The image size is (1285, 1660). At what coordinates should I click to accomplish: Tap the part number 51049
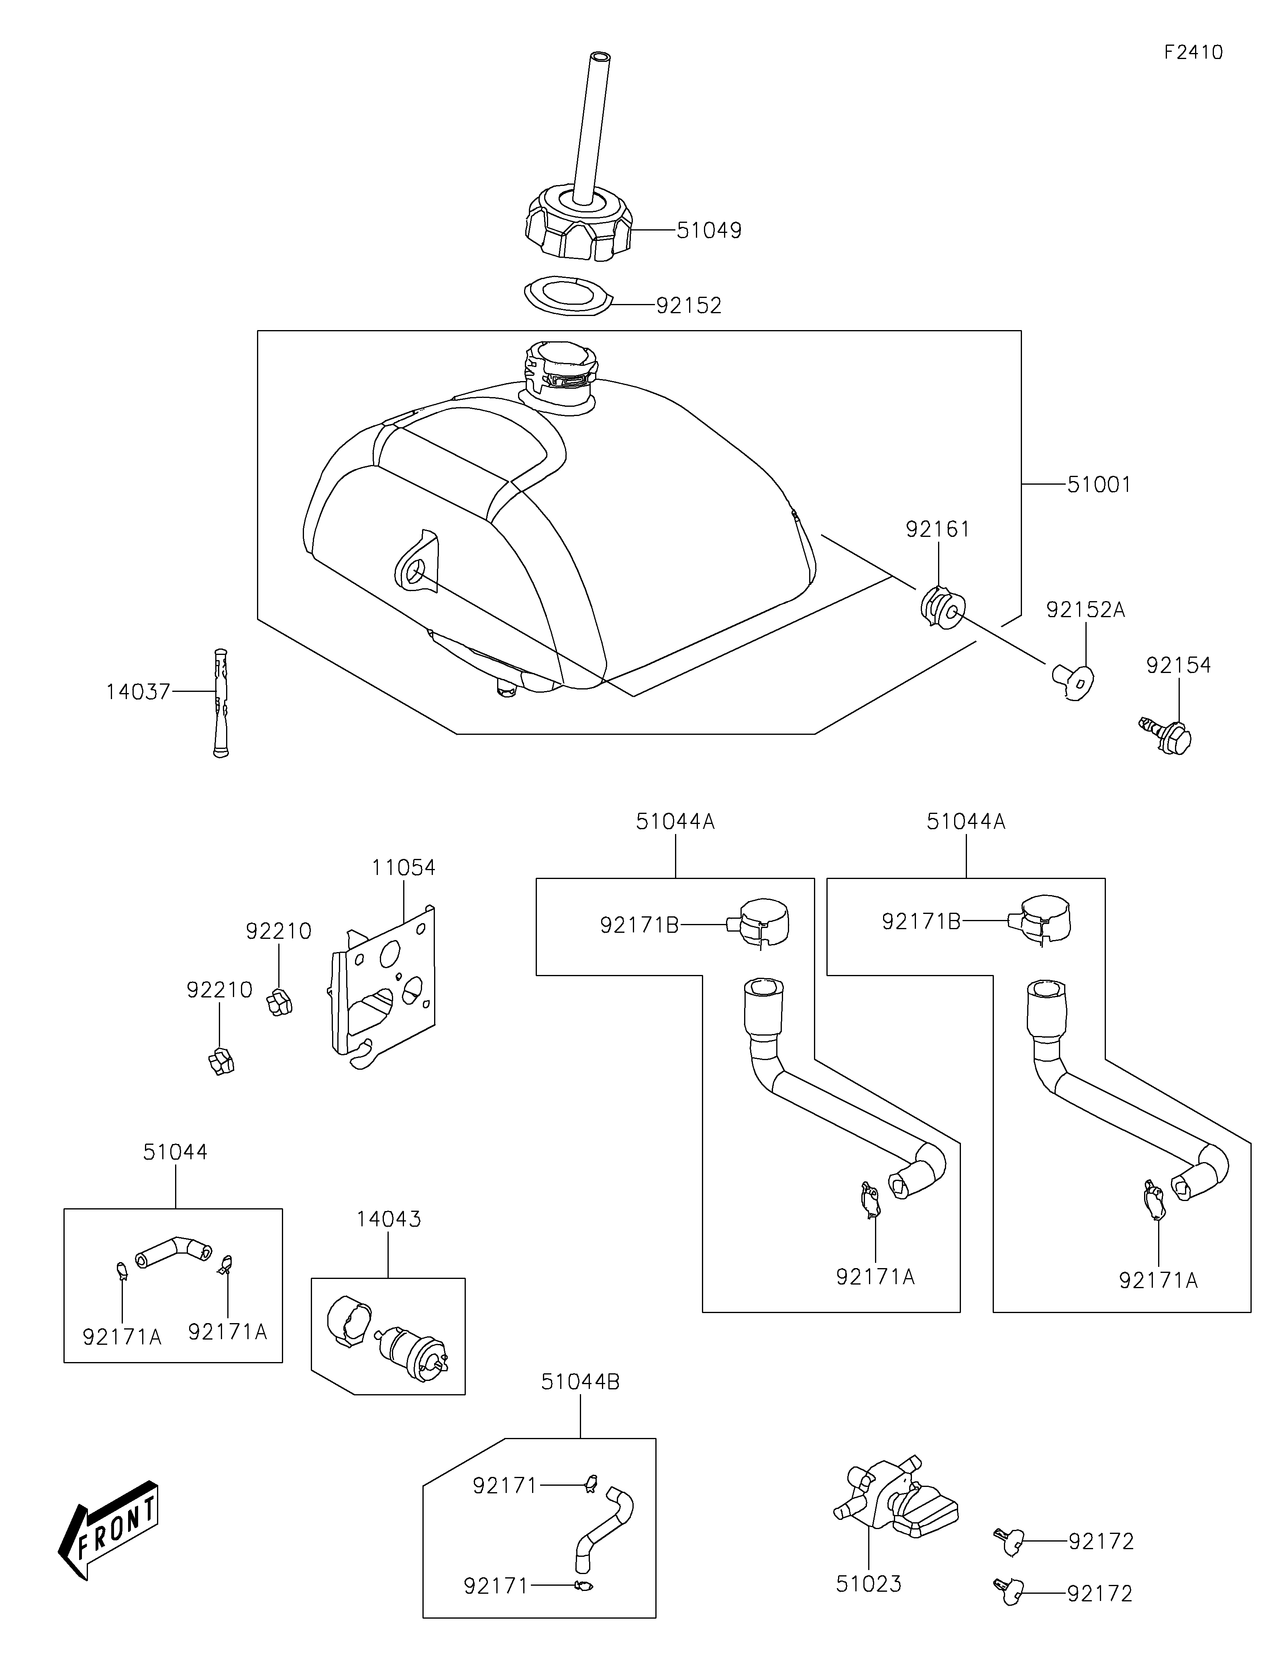click(709, 230)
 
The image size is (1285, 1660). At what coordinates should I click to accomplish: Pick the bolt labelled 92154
click(1165, 735)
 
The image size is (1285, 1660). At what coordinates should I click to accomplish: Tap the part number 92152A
click(1085, 610)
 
